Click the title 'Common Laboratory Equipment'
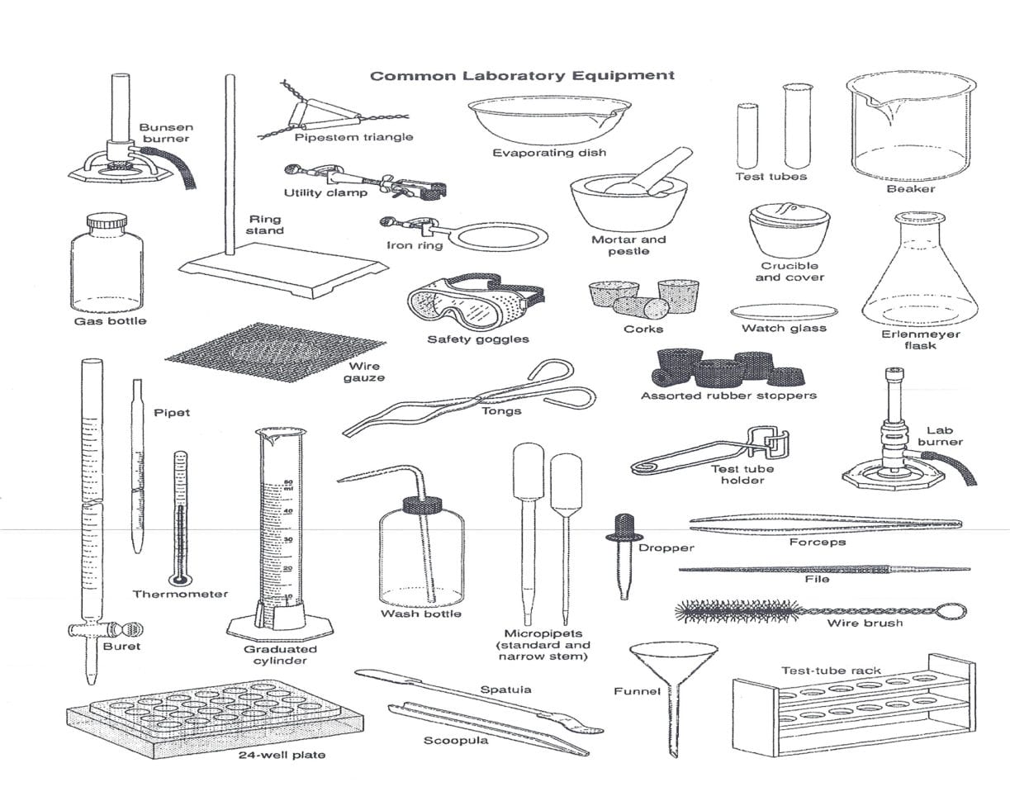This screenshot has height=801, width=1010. point(522,76)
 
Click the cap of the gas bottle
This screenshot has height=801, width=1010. point(107,221)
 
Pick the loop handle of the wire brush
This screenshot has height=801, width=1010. point(951,612)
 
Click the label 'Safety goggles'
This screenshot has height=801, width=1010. point(477,339)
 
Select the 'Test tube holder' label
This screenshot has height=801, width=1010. point(742,475)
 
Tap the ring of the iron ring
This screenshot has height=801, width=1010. point(502,238)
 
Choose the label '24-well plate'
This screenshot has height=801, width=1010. point(282,755)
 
